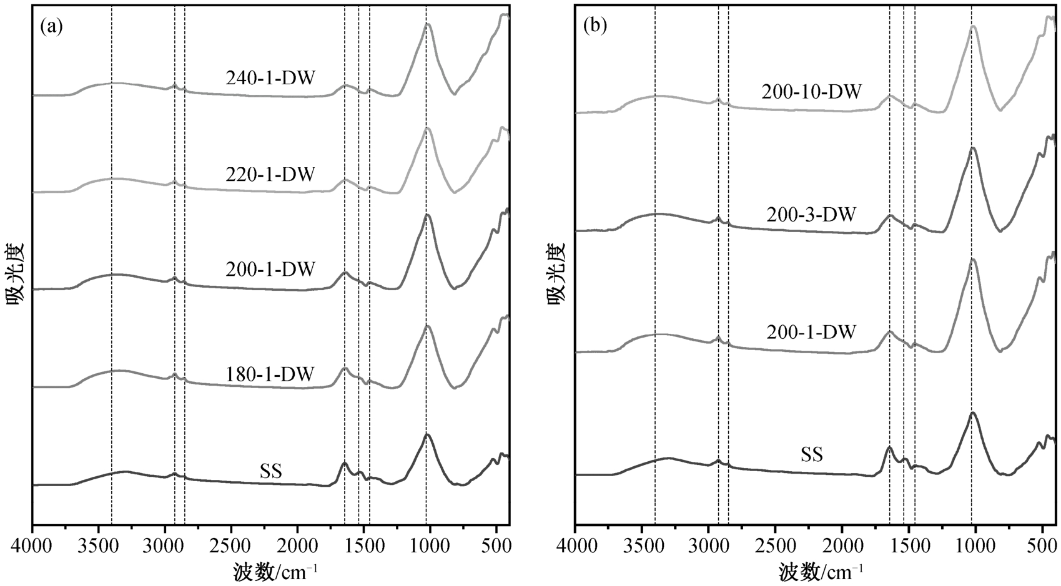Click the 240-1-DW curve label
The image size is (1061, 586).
[x=270, y=79]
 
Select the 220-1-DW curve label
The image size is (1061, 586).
[x=270, y=174]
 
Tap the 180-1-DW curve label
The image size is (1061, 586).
[x=270, y=374]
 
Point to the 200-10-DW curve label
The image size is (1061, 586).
[x=811, y=92]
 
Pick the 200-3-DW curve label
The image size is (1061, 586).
[x=811, y=215]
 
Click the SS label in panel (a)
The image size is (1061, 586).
[x=271, y=472]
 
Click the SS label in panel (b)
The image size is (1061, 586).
[x=812, y=455]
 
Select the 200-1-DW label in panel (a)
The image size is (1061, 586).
[x=270, y=270]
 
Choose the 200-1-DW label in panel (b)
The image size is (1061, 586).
[x=811, y=331]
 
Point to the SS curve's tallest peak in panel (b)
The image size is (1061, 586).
[x=972, y=413]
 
